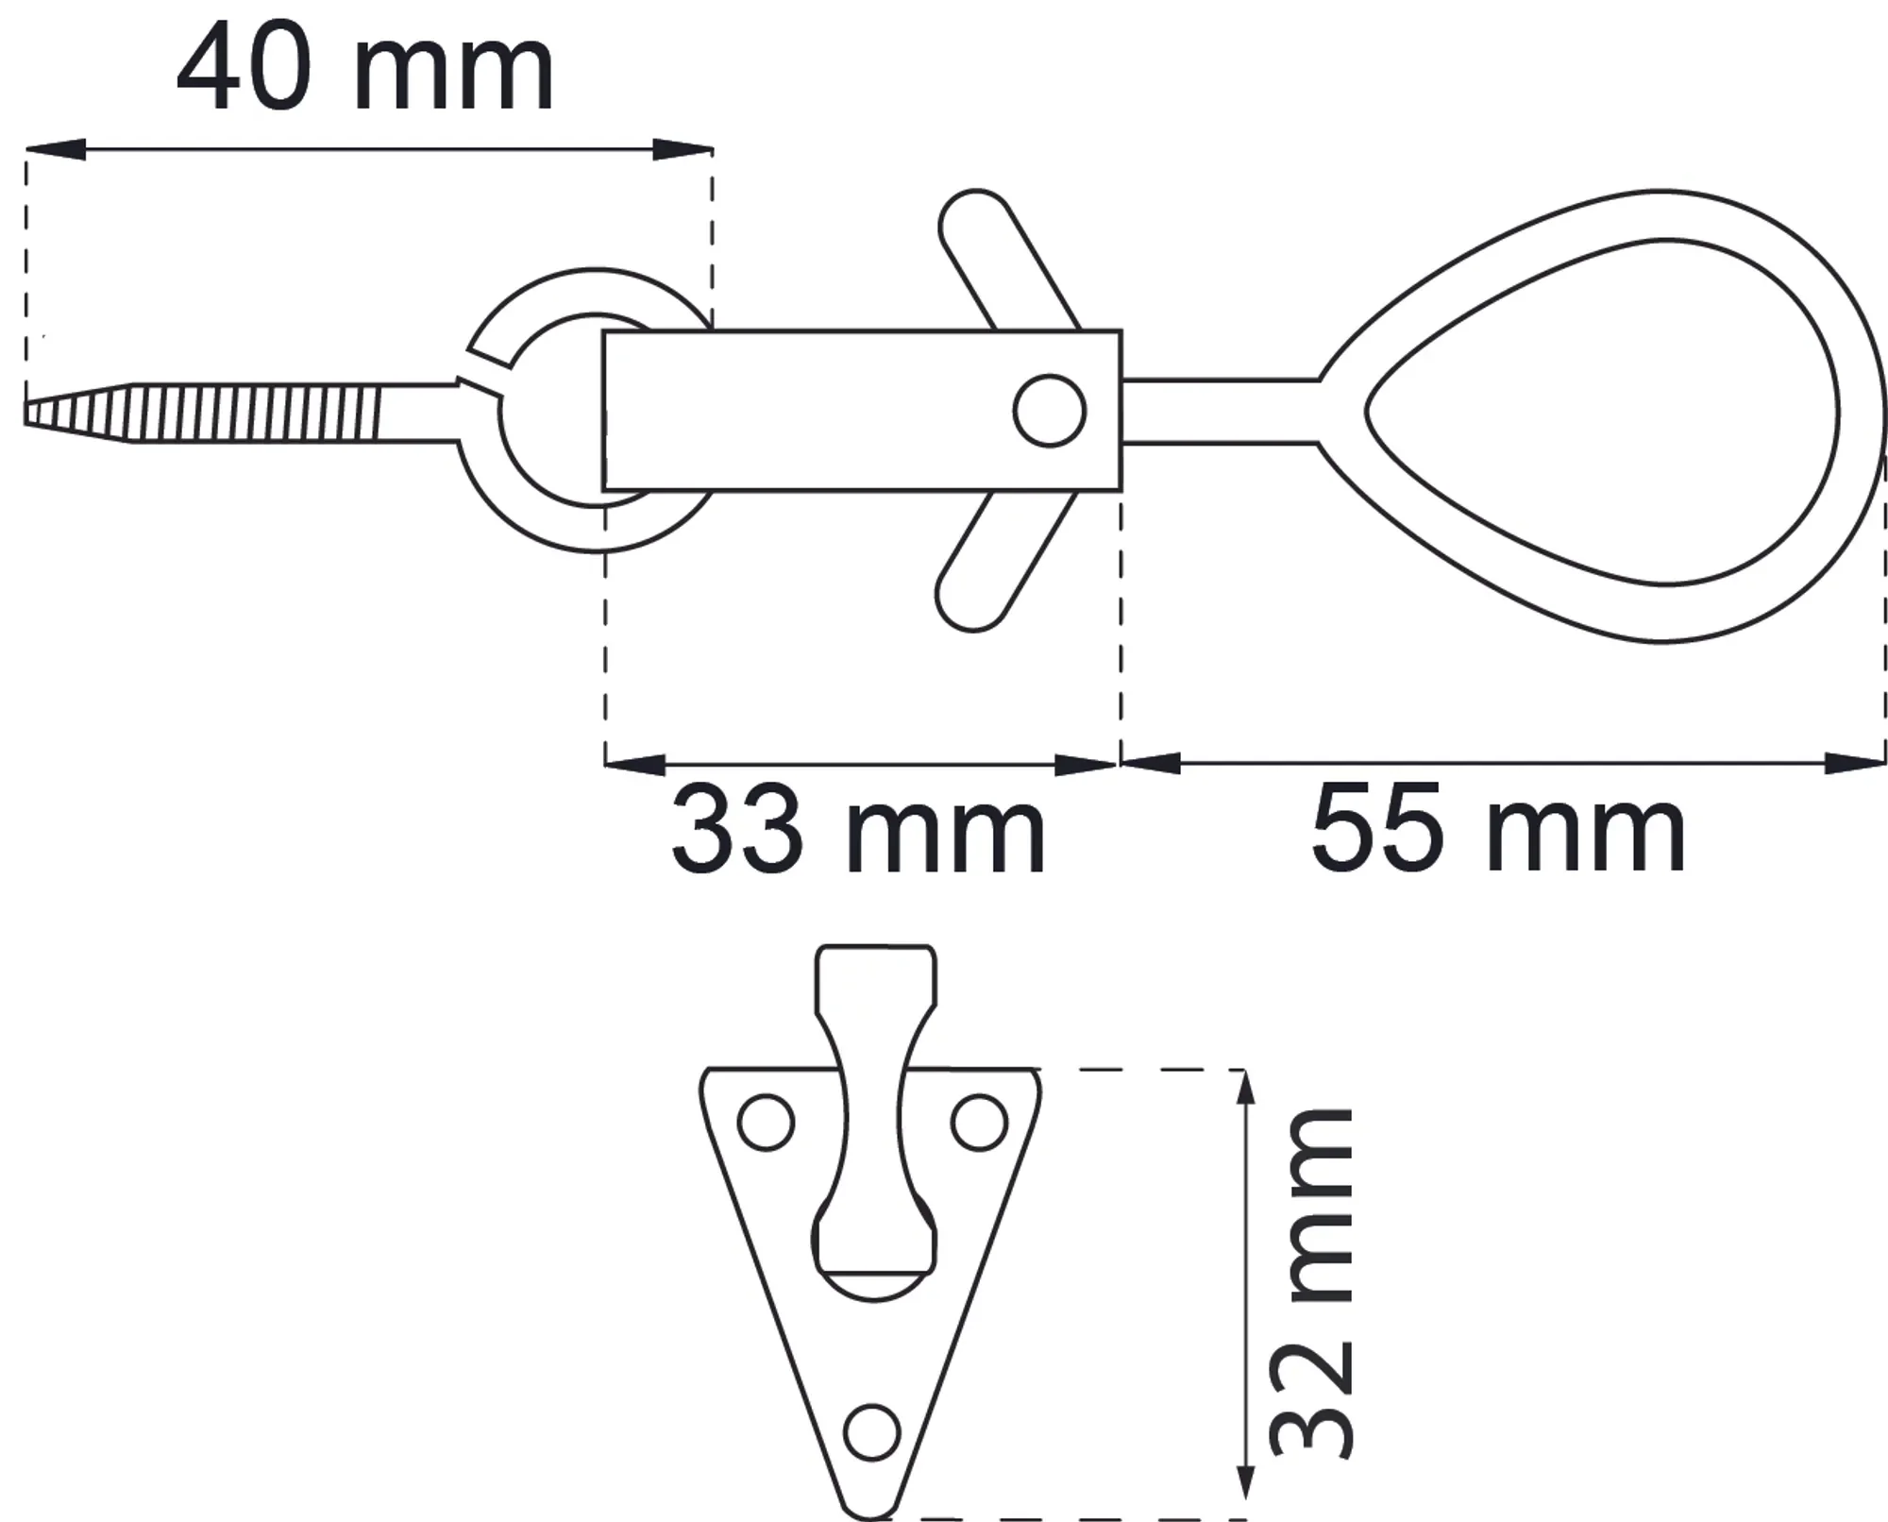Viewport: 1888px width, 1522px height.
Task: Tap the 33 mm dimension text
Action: (x=857, y=831)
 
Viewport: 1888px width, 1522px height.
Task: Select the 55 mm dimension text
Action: (x=1498, y=829)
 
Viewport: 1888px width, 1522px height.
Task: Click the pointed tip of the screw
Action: (x=26, y=413)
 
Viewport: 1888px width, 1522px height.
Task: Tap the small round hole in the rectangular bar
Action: (x=1050, y=411)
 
